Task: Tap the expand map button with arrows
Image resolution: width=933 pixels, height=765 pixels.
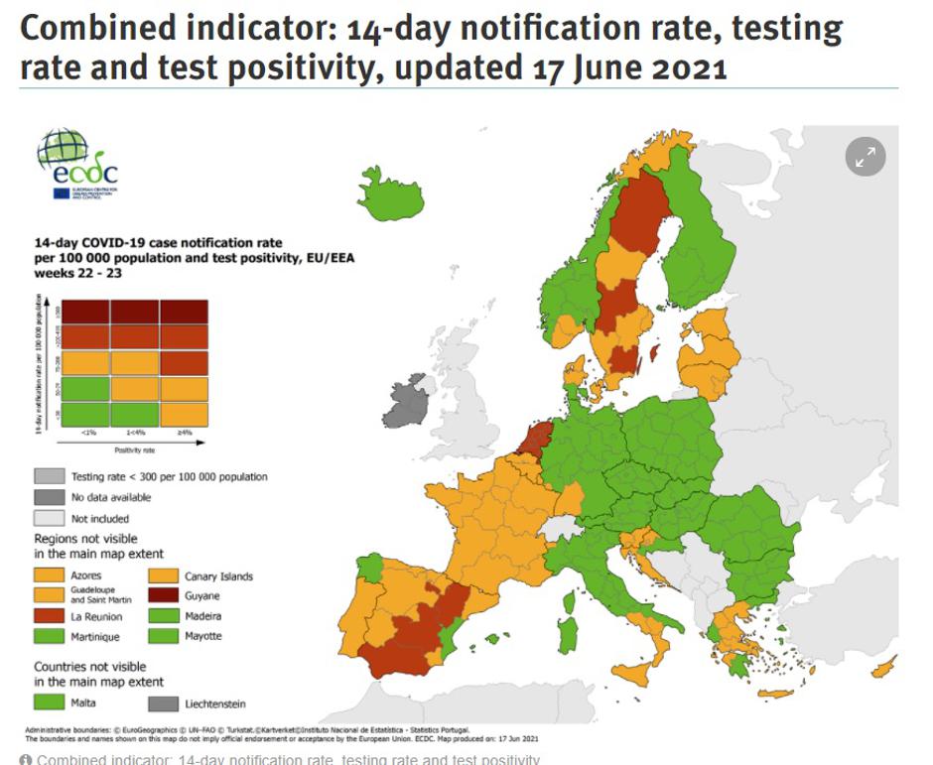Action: coord(865,156)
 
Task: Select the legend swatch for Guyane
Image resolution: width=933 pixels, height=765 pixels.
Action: coord(164,596)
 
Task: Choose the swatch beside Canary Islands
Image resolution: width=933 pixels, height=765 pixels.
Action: coord(164,575)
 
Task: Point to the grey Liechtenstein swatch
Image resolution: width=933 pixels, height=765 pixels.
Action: coord(164,703)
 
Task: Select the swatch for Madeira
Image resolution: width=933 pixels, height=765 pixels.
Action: coord(164,616)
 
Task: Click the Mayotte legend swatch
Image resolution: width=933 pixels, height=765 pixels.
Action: coord(164,636)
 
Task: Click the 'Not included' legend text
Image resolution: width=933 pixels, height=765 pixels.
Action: coord(100,518)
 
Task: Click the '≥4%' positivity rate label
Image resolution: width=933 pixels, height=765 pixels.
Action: coord(184,434)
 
